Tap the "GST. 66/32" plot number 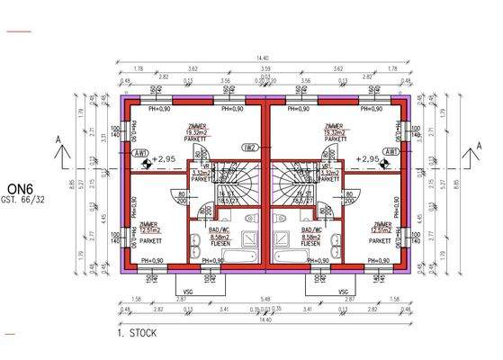[x=21, y=198]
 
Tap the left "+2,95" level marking [x=162, y=159]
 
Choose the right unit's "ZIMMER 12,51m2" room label [x=382, y=229]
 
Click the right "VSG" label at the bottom [x=341, y=292]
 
